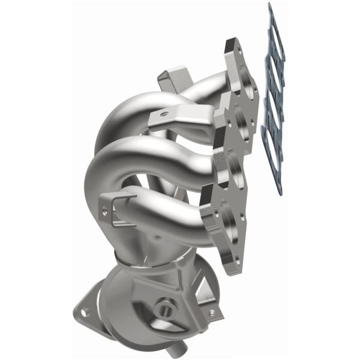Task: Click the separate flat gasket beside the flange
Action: tap(275, 102)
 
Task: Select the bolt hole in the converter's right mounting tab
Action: tap(211, 313)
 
